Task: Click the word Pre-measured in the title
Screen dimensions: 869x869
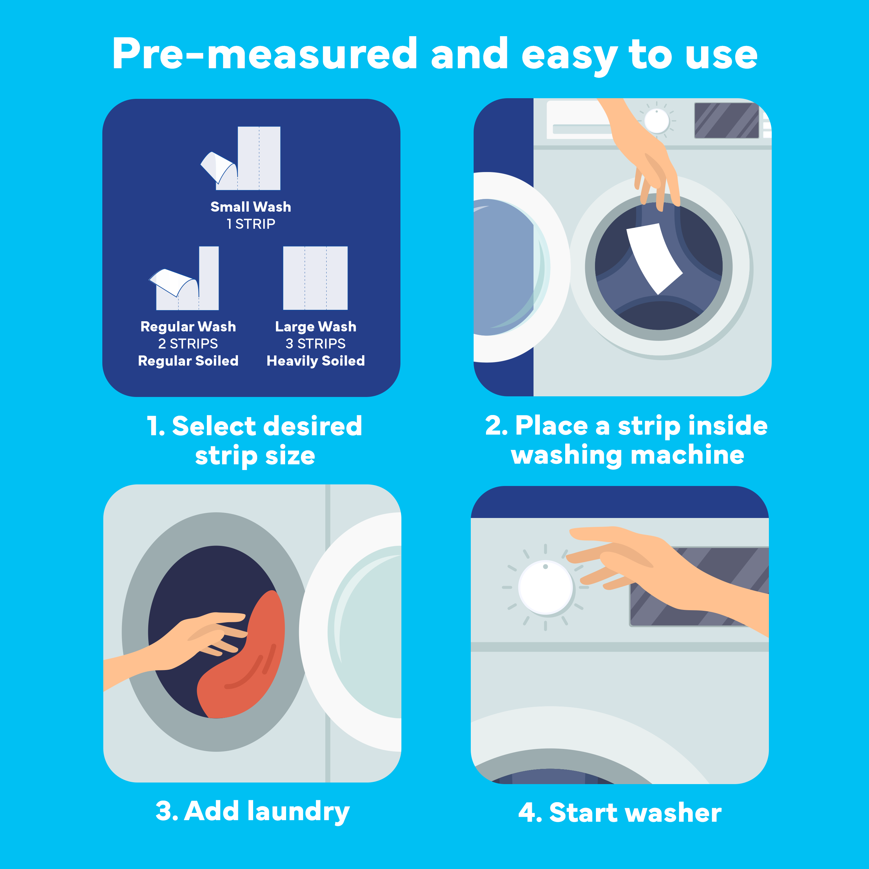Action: [x=265, y=54]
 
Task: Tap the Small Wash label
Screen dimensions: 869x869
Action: [x=251, y=207]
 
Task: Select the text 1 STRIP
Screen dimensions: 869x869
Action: [x=251, y=224]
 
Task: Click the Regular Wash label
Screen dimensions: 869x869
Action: [x=188, y=327]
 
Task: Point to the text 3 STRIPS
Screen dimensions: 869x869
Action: [x=315, y=344]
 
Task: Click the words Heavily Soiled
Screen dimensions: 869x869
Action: [x=315, y=361]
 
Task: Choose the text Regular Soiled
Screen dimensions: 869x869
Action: [x=188, y=361]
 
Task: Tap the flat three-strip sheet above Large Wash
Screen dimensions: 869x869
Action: [x=315, y=278]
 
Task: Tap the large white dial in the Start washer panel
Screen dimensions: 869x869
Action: [x=546, y=587]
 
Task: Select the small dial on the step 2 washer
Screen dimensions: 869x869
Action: [x=657, y=120]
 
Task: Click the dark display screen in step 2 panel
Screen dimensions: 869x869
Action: [x=726, y=120]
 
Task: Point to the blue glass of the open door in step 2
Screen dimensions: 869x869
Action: [x=504, y=268]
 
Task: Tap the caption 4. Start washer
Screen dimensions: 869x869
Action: [x=620, y=813]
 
